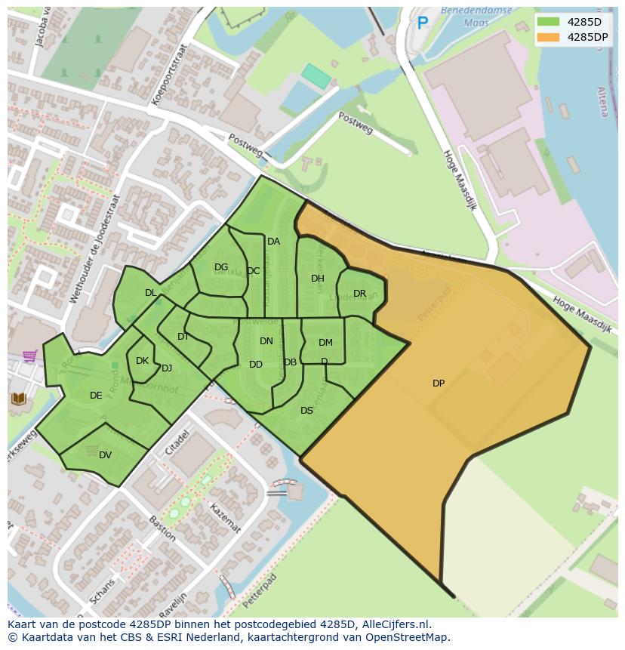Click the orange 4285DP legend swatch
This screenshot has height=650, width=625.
tap(549, 37)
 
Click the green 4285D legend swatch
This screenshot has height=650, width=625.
tap(549, 22)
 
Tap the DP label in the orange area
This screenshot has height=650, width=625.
tap(439, 384)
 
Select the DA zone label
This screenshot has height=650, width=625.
tap(273, 242)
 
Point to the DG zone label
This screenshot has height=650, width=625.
tap(221, 267)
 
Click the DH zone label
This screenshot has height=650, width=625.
tap(318, 279)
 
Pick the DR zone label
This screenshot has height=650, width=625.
tap(359, 294)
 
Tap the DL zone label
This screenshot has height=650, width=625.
tap(151, 293)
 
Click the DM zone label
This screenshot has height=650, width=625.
tap(325, 343)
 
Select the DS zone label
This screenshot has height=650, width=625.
tap(306, 411)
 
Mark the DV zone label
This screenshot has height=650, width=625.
tap(105, 454)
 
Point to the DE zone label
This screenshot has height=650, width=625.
tap(96, 396)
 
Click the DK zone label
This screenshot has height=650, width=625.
tap(142, 361)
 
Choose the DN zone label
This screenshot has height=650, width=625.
tap(266, 341)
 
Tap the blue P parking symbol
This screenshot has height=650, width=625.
tap(423, 24)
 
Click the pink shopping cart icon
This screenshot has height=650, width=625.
tap(29, 356)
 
